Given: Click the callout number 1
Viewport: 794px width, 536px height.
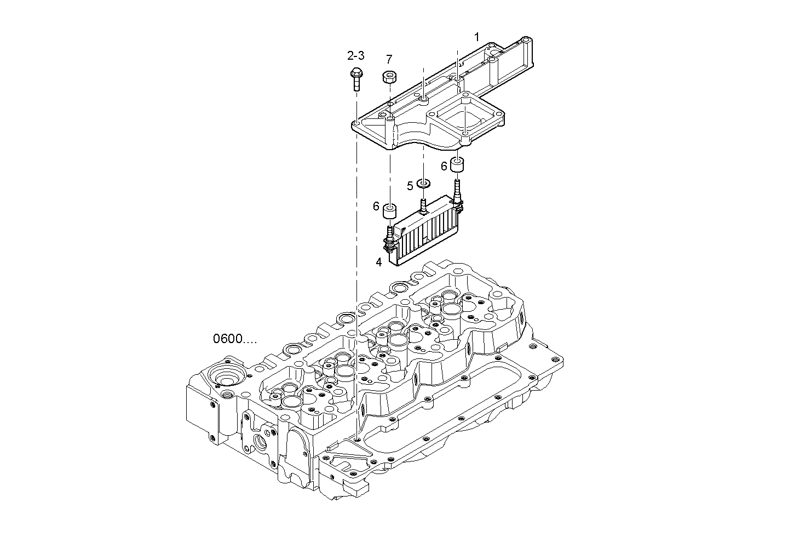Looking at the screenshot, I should click(476, 37).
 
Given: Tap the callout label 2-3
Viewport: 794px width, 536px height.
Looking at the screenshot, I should click(355, 55).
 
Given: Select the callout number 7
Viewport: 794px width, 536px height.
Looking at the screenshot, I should click(389, 59).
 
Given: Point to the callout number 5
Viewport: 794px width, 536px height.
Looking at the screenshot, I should click(410, 186).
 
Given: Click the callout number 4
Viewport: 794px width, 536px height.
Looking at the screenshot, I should click(378, 262).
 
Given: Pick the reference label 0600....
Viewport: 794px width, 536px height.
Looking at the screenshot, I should click(234, 339).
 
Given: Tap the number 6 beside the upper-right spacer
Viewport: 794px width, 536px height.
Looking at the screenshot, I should click(444, 166).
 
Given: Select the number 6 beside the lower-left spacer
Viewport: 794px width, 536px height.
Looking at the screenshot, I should click(376, 206).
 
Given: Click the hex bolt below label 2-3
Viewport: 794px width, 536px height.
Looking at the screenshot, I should click(355, 79).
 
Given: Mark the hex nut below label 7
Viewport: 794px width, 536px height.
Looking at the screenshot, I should click(389, 77).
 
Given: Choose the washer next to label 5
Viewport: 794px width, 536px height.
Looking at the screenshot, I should click(423, 183).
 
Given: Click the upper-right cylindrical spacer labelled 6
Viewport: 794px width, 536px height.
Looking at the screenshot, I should click(457, 165).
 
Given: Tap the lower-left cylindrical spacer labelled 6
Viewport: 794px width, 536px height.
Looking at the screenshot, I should click(390, 211).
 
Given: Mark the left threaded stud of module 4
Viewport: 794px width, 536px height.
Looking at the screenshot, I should click(390, 234).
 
